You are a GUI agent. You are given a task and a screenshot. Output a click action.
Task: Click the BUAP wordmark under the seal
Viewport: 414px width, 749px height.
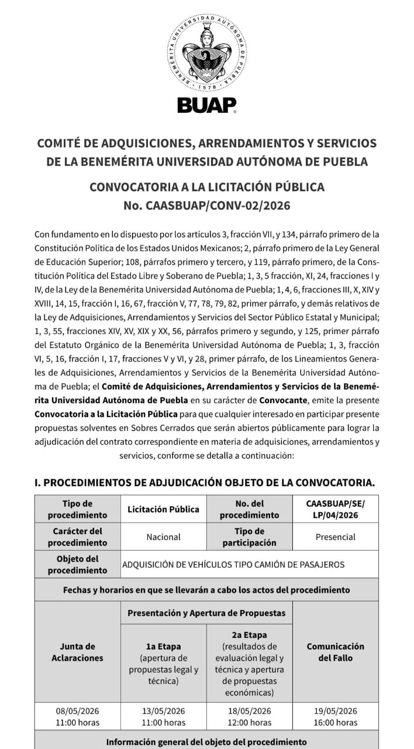pos(206,105)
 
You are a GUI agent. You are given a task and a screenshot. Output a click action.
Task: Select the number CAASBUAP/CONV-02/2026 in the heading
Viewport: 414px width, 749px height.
pos(206,205)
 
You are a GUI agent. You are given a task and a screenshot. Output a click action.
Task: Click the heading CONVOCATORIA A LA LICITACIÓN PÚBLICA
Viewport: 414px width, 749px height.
pos(206,187)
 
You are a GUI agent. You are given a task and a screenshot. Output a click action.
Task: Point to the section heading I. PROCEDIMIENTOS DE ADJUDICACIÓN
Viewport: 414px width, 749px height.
pos(204,483)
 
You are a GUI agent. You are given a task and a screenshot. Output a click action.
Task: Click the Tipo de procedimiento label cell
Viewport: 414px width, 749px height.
pos(77,509)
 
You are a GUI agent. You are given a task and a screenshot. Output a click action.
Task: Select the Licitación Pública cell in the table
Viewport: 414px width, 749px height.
pos(163,509)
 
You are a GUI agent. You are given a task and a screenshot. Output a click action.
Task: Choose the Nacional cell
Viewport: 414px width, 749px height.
pos(163,537)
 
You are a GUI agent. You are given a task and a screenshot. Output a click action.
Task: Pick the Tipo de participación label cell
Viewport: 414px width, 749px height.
pos(249,537)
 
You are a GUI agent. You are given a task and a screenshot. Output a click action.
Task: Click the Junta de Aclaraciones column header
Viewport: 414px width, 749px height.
pos(77,652)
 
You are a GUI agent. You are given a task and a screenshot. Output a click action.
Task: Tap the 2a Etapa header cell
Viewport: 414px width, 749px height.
pos(249,664)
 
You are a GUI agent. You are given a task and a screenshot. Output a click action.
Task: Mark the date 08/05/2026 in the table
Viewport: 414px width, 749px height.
pos(77,711)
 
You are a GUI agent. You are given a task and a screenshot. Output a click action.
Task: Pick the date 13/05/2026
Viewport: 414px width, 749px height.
pos(163,711)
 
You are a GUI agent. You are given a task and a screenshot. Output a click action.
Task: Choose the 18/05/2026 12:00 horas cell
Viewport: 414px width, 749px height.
pos(249,716)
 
